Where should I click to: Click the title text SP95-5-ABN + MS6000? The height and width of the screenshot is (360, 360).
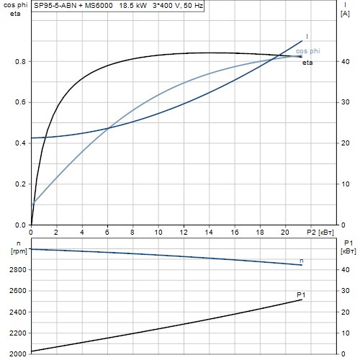pyautogui.click(x=73, y=6)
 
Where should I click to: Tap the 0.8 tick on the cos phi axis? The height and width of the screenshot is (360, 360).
pyautogui.click(x=20, y=62)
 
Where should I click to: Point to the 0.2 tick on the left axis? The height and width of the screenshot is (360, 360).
pyautogui.click(x=20, y=184)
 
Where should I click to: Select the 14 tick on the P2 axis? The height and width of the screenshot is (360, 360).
pyautogui.click(x=209, y=233)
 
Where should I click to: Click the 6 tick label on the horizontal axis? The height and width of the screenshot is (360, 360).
pyautogui.click(x=107, y=233)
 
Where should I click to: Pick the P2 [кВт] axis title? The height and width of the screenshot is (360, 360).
pyautogui.click(x=320, y=233)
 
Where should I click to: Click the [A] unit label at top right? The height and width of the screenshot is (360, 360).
pyautogui.click(x=345, y=14)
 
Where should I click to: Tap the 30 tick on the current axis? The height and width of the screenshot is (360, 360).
pyautogui.click(x=346, y=102)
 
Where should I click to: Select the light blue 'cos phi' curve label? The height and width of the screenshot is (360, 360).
pyautogui.click(x=308, y=51)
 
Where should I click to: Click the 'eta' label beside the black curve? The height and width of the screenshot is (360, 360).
pyautogui.click(x=307, y=63)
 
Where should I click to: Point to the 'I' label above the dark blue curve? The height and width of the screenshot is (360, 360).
pyautogui.click(x=307, y=37)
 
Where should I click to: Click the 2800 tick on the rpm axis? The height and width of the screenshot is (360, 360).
pyautogui.click(x=18, y=270)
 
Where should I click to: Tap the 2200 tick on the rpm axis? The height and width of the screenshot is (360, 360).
pyautogui.click(x=18, y=333)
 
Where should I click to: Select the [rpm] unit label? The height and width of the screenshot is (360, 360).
pyautogui.click(x=19, y=251)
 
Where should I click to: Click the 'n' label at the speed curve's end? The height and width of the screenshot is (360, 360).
pyautogui.click(x=302, y=261)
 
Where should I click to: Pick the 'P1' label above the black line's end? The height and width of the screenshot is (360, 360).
pyautogui.click(x=301, y=294)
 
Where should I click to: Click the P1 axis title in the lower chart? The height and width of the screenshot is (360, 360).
pyautogui.click(x=348, y=243)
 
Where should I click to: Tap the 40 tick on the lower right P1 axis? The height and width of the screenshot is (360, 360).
pyautogui.click(x=346, y=270)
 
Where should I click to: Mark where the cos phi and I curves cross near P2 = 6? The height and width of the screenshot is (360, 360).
pyautogui.click(x=108, y=128)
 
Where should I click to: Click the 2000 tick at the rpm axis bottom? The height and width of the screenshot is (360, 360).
pyautogui.click(x=18, y=354)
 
